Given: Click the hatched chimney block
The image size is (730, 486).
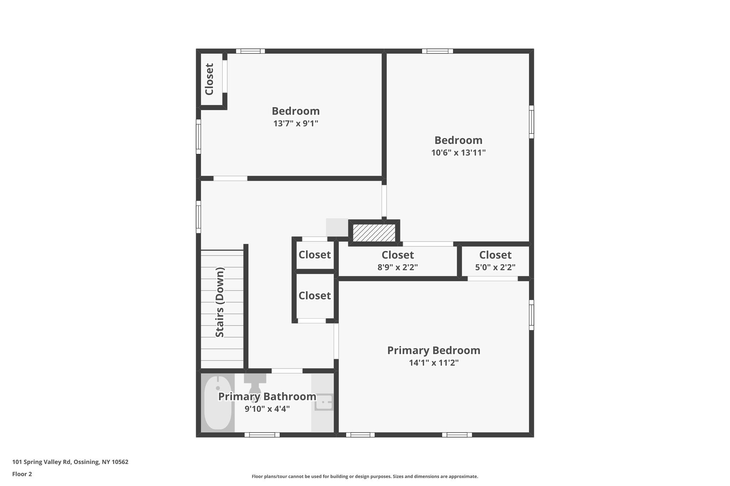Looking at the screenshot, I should coord(374,233).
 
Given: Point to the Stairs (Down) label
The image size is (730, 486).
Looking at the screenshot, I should coord(220,302).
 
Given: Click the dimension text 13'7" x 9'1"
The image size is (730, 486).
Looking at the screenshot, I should coord(295,124).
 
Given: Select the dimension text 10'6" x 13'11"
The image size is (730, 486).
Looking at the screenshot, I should coord(458,153).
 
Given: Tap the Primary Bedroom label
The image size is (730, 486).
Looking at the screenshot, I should coord(433,350).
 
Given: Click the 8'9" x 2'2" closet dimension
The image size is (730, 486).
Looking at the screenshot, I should coord(397,267).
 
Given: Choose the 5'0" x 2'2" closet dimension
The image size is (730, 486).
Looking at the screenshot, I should coord(495,267).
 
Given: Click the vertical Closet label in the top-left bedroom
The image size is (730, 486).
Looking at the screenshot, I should coord(209,79).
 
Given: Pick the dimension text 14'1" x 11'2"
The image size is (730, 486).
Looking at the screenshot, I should coord(433,363).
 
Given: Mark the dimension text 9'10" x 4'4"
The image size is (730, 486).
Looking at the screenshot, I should coord(267,409).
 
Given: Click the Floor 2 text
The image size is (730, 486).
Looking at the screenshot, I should coord(22,474).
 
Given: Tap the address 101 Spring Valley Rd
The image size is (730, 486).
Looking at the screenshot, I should coord(70,462).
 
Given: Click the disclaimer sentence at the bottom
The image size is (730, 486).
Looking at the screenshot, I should coord(365,476).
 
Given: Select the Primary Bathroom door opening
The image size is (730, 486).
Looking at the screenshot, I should coord(287,371).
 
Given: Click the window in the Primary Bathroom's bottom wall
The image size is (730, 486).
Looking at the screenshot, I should coord(262,435).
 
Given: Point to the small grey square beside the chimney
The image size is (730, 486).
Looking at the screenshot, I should coord(337,227).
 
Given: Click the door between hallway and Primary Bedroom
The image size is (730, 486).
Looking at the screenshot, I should coord(336,341).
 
